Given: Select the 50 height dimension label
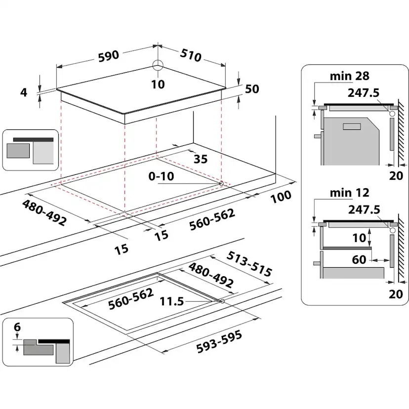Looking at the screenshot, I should click(x=252, y=89).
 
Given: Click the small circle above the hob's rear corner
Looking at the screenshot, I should click(x=158, y=66).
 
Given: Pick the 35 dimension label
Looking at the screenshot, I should click(x=200, y=159).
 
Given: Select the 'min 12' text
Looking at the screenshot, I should click(x=349, y=193).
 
